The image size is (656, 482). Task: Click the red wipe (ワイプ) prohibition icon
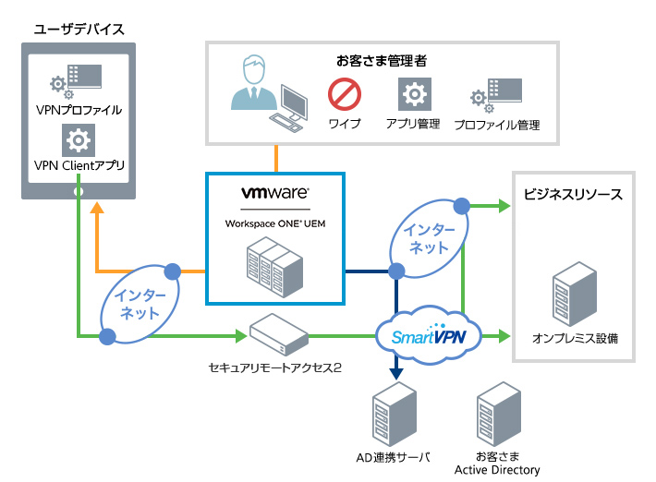[345, 94]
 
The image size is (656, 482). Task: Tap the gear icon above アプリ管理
[413, 94]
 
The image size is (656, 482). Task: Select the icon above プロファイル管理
[496, 93]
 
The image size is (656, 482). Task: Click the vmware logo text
[274, 195]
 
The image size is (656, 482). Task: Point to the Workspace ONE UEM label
[274, 223]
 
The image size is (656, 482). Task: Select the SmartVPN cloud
[428, 334]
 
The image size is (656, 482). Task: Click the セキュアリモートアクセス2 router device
[276, 335]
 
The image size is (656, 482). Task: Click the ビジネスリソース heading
[572, 195]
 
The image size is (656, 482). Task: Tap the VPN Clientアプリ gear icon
[79, 141]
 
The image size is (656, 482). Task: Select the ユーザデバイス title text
[78, 28]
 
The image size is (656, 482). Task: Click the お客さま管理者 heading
[381, 61]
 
